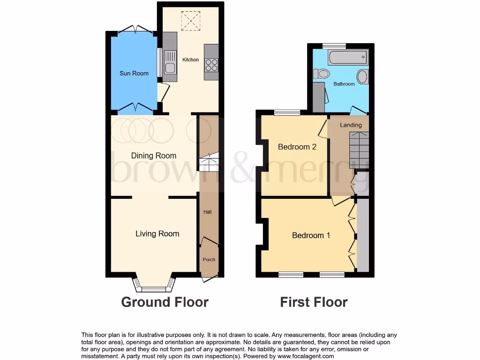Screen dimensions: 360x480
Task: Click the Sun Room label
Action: tap(134, 73)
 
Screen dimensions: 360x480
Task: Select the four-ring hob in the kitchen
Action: tap(212, 64)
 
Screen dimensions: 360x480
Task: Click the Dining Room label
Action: tap(153, 156)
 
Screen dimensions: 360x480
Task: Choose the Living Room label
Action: tap(157, 233)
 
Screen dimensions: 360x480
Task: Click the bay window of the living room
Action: tap(154, 284)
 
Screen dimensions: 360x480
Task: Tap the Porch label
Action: tap(209, 260)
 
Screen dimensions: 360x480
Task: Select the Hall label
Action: tap(207, 212)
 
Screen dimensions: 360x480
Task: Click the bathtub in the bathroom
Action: tap(348, 58)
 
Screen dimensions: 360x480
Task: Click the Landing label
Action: tap(351, 125)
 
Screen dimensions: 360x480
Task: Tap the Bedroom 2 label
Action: tap(297, 147)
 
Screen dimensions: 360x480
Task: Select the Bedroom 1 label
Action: tap(311, 235)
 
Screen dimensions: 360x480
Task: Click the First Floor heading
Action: tap(314, 302)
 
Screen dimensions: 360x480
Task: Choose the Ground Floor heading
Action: tap(165, 302)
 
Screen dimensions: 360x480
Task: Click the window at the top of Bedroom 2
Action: tap(287, 112)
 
